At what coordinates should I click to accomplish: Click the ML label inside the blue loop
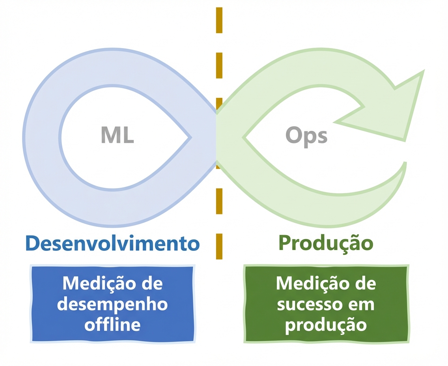click(117, 135)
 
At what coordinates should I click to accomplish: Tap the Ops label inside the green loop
click(306, 135)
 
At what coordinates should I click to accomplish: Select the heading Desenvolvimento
click(112, 243)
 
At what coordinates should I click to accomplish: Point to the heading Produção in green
click(326, 243)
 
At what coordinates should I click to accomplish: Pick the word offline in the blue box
click(112, 325)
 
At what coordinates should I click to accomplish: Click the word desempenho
click(112, 304)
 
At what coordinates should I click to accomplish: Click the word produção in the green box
click(326, 325)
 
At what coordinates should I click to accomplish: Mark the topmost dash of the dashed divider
click(219, 20)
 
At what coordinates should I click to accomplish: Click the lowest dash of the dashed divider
click(219, 246)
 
